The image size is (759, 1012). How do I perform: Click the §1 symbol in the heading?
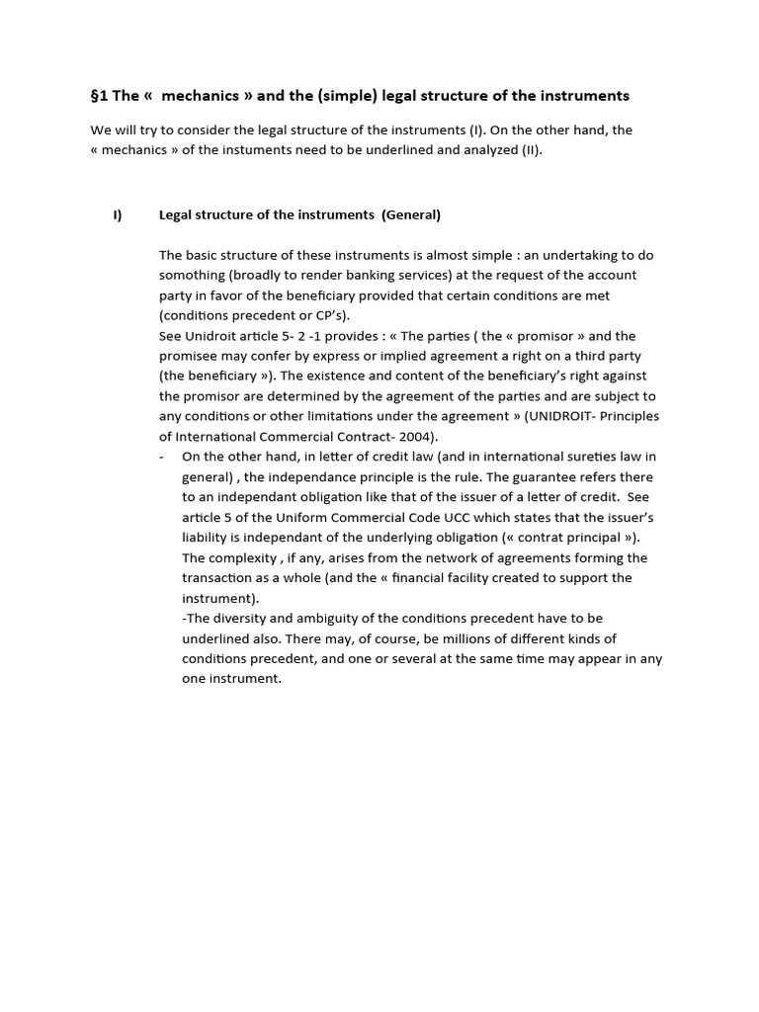click(99, 96)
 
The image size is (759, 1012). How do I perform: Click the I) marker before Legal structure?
click(118, 214)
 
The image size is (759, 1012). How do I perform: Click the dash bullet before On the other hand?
click(162, 457)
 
